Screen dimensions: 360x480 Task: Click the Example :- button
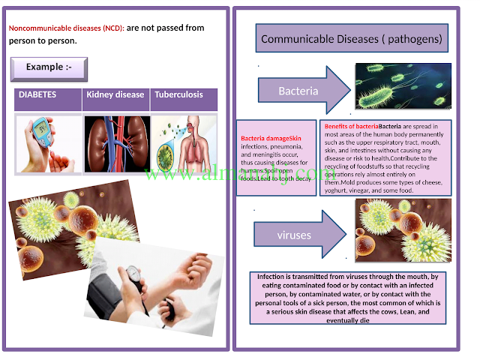pos(49,68)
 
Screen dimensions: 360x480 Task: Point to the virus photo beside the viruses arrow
pos(403,230)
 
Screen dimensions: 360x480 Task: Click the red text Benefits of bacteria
pos(352,127)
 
